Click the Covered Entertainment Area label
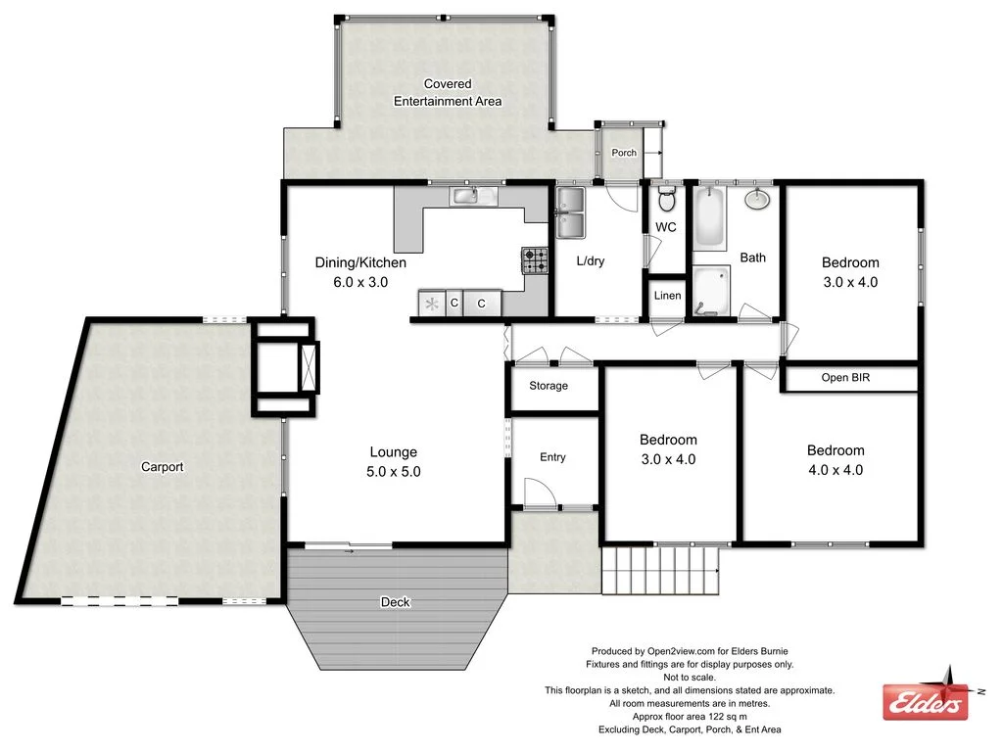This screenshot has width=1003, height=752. tap(448, 93)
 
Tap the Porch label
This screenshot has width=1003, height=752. tap(624, 153)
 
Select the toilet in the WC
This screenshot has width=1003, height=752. tap(666, 201)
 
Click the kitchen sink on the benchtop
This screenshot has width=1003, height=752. tap(474, 196)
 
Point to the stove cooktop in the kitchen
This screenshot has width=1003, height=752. tap(534, 260)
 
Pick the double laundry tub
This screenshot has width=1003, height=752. tap(570, 212)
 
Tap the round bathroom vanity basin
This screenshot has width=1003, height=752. tap(756, 200)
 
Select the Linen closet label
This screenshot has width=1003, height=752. tap(667, 296)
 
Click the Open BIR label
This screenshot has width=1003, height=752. tap(845, 377)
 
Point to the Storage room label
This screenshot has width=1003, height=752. tap(549, 386)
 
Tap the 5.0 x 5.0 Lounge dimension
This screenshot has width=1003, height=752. tap(394, 471)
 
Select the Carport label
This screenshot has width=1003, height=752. tap(163, 467)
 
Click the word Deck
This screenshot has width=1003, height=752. tap(395, 602)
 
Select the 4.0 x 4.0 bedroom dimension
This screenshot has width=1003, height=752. tap(836, 469)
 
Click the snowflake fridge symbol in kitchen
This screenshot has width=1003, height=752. tap(431, 304)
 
